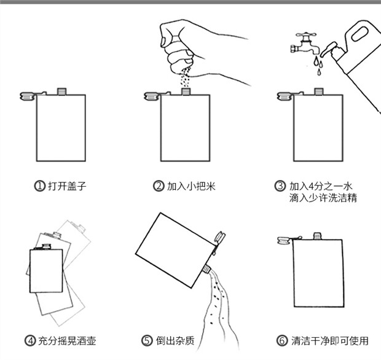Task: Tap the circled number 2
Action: pyautogui.click(x=159, y=186)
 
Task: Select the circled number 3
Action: pyautogui.click(x=280, y=186)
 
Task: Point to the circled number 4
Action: pyautogui.click(x=29, y=340)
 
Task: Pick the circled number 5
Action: pyautogui.click(x=147, y=340)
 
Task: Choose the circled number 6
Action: pyautogui.click(x=281, y=340)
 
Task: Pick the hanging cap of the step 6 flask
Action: pyautogui.click(x=285, y=240)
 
